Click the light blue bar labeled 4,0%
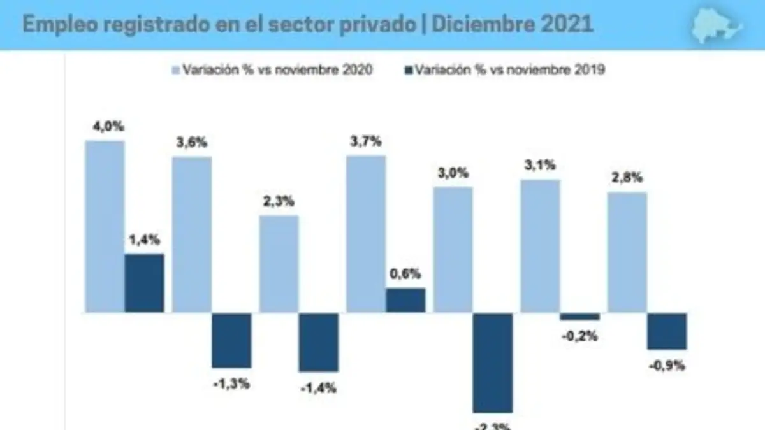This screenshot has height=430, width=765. point(105,226)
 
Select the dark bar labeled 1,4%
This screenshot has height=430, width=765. point(144,283)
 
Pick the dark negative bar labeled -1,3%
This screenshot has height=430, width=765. point(231,340)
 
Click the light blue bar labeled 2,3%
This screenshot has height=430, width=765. point(279,264)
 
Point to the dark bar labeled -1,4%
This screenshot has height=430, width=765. point(318,342)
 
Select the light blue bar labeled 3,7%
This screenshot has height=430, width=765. point(366,234)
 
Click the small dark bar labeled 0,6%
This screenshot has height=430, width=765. point(405,300)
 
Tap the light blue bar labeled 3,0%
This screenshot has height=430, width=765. point(453,250)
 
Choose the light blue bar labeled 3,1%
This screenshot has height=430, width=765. point(540,246)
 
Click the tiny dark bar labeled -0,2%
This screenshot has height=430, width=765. point(579,317)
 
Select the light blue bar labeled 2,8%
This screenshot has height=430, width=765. point(627,252)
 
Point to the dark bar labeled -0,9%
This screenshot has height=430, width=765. point(667,331)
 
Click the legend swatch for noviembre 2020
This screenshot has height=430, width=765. point(175,70)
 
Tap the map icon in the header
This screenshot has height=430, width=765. point(717,25)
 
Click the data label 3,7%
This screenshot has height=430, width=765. point(366,142)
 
